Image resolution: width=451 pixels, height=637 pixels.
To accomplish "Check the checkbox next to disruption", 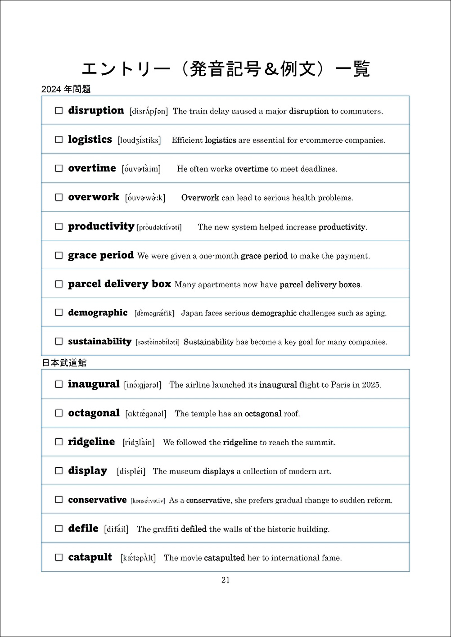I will point(59,111).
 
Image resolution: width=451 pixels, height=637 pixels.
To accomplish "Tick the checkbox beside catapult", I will point(59,557).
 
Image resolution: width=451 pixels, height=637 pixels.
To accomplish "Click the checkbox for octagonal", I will point(59,413).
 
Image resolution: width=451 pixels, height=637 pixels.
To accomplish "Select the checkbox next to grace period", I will point(59,255).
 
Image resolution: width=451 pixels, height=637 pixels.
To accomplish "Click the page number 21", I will point(225,580).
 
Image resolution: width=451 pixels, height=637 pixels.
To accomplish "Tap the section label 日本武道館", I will point(64,363).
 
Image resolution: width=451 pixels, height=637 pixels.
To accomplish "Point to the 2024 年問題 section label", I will point(66,90).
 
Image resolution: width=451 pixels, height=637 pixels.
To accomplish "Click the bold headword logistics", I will point(90,140).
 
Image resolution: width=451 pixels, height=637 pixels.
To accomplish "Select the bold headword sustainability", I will point(99,342).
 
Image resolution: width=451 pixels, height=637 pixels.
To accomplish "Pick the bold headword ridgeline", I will point(91,442).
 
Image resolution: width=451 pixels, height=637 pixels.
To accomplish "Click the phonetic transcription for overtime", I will point(141,169).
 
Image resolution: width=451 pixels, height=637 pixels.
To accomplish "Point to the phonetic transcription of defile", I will point(116,529).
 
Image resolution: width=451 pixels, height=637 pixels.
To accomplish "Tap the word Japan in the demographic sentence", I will point(192,313).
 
